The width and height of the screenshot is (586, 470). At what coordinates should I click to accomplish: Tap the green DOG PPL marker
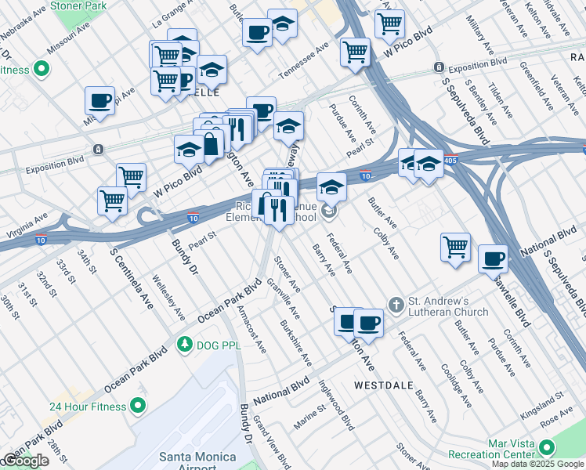pyautogui.click(x=185, y=344)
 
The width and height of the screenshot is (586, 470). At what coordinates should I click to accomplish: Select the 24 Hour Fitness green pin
pyautogui.click(x=139, y=406)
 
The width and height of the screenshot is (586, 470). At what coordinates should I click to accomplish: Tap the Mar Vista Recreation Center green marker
pyautogui.click(x=546, y=448)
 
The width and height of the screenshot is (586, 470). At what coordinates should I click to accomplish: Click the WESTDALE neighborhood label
pyautogui.click(x=383, y=385)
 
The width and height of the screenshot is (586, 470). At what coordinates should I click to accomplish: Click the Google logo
pyautogui.click(x=25, y=461)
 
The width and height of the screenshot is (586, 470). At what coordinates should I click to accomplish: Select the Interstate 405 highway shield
pyautogui.click(x=459, y=157)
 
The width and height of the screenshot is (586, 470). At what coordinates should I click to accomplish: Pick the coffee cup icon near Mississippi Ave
pyautogui.click(x=100, y=99)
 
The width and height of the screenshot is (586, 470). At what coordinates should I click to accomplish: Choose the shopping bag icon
pyautogui.click(x=212, y=143)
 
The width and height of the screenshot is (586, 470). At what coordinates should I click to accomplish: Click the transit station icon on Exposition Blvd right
pyautogui.click(x=439, y=67)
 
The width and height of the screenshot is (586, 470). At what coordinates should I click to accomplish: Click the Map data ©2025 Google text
pyautogui.click(x=537, y=464)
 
